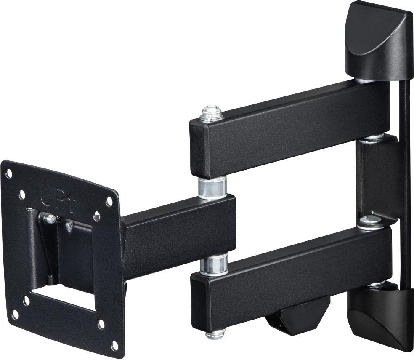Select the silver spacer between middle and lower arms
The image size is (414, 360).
[213, 264]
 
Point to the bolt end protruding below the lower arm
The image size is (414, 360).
[215, 335]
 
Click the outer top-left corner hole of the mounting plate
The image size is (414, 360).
[8, 172]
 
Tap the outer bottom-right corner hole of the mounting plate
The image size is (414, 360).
[114, 346]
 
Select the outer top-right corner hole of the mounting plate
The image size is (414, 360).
[109, 201]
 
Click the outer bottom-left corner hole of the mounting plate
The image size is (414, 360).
[15, 315]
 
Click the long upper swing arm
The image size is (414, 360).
[290, 126]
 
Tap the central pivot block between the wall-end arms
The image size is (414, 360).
[377, 177]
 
